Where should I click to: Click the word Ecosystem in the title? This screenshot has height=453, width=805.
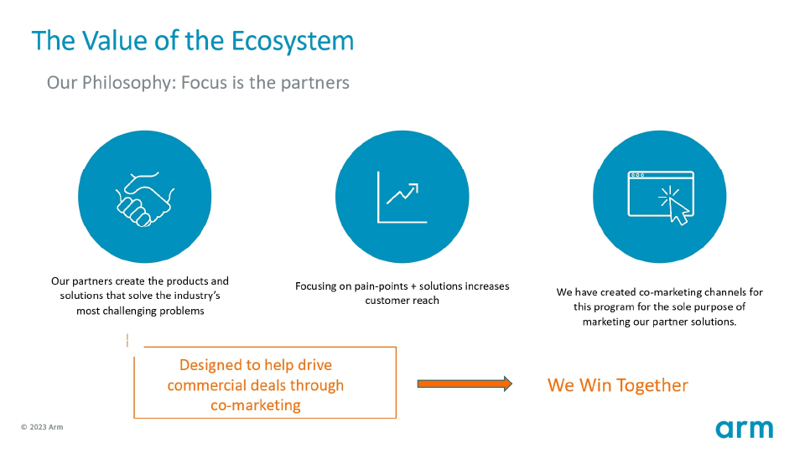pyautogui.click(x=293, y=42)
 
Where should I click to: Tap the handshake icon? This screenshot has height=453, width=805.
pyautogui.click(x=145, y=198)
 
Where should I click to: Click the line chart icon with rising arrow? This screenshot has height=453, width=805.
pyautogui.click(x=402, y=198)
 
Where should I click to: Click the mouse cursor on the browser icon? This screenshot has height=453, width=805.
pyautogui.click(x=678, y=211)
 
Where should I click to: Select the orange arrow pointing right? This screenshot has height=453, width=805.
pyautogui.click(x=465, y=384)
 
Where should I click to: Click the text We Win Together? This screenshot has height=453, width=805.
pyautogui.click(x=618, y=385)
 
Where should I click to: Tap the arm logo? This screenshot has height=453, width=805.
pyautogui.click(x=745, y=429)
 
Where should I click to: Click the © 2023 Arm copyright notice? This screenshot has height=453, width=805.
pyautogui.click(x=42, y=427)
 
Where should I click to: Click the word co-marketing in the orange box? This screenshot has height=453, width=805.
pyautogui.click(x=256, y=405)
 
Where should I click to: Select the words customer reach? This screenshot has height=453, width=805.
pyautogui.click(x=402, y=301)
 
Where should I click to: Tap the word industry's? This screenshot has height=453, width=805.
pyautogui.click(x=196, y=296)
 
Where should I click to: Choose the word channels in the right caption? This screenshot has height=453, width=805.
pyautogui.click(x=726, y=292)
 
